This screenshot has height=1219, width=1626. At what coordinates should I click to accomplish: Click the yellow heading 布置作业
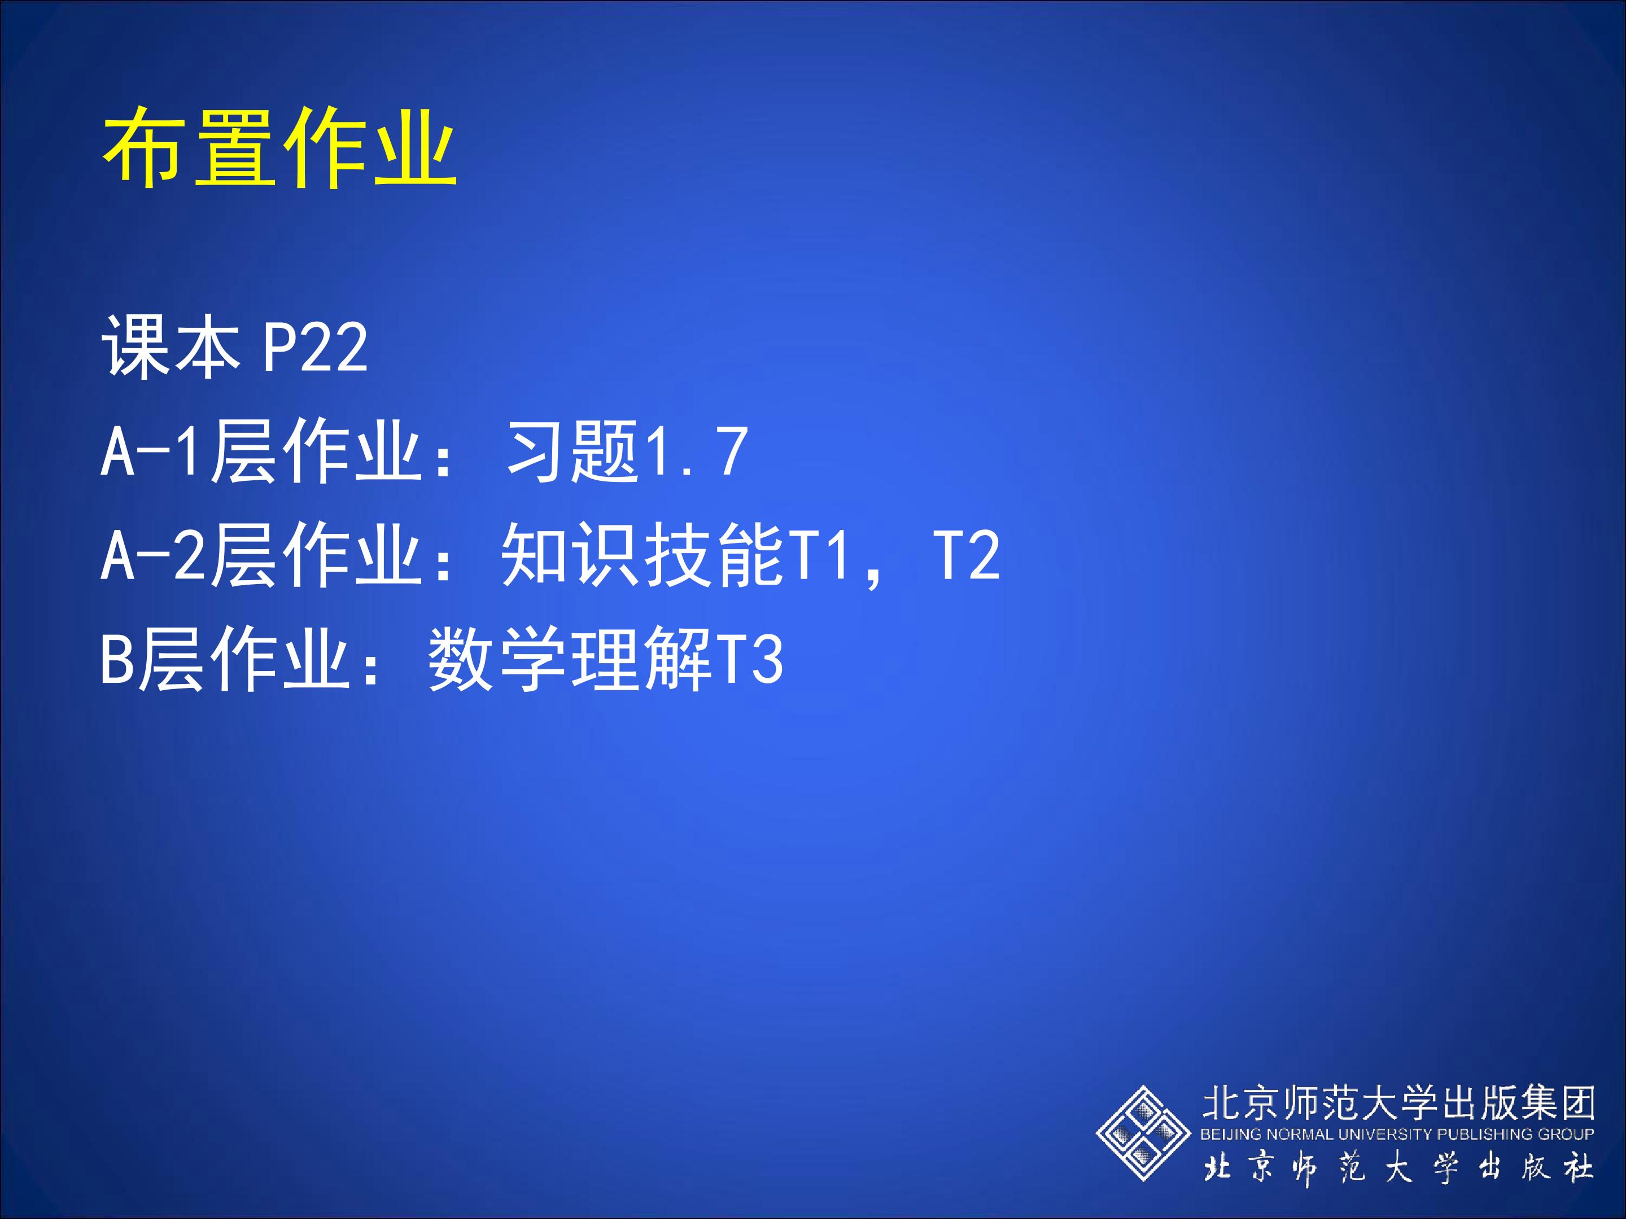(279, 147)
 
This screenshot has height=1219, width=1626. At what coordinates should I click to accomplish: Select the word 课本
(171, 347)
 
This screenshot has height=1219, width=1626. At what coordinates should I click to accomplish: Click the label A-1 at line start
(150, 452)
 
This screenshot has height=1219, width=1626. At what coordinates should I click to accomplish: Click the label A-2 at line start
(150, 556)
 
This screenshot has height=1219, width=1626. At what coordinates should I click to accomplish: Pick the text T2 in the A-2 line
(966, 556)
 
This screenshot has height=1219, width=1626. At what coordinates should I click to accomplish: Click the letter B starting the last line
(117, 660)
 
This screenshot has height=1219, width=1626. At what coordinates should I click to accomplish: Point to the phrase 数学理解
(570, 659)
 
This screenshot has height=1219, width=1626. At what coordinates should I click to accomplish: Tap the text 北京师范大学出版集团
(1397, 1103)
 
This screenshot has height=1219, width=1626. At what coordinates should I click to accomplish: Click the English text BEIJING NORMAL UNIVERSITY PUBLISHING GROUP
(1397, 1134)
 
